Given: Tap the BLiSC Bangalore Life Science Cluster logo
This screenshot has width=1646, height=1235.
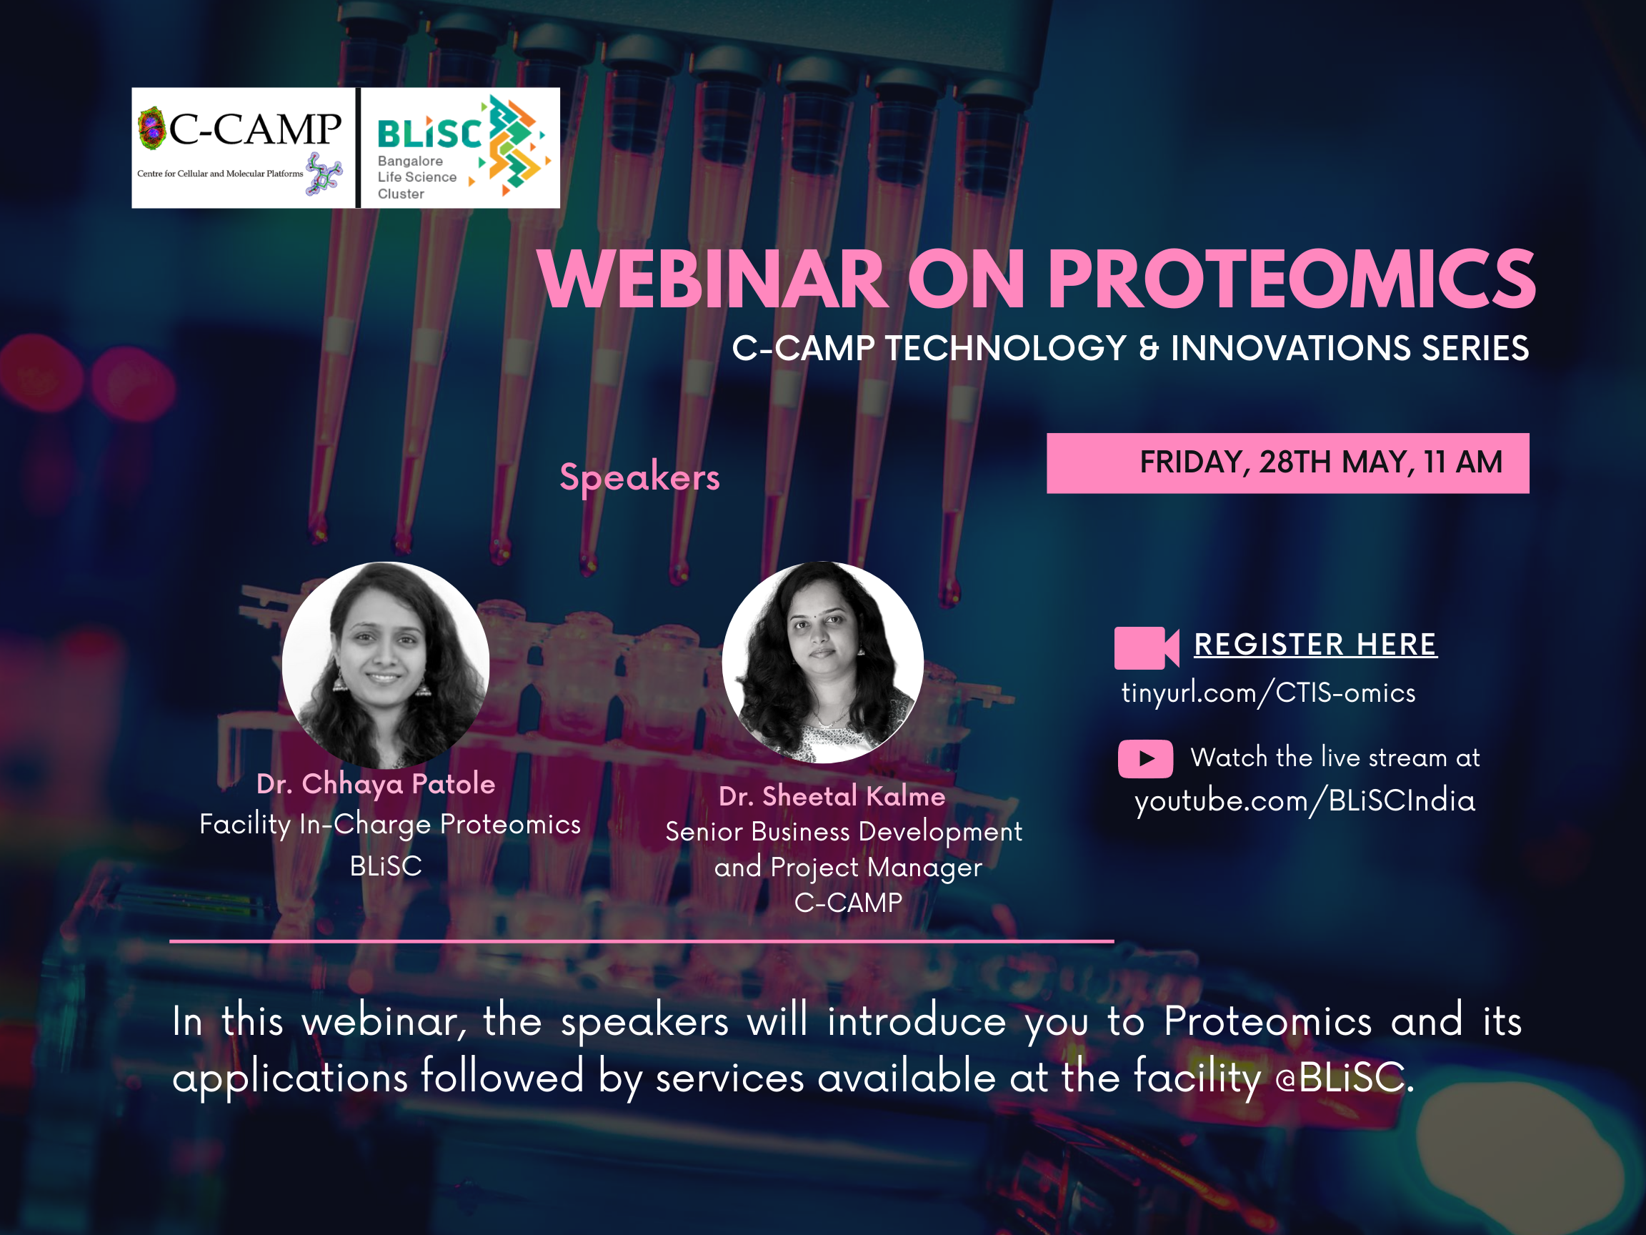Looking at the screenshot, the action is point(461,148).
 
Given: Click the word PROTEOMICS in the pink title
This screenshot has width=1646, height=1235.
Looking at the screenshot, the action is point(1291,279).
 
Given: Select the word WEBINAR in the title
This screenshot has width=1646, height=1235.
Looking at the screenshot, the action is point(713,279).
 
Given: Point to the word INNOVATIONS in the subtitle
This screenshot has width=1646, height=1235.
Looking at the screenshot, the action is point(1290,348).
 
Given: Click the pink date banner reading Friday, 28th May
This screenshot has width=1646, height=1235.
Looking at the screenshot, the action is point(1287,463).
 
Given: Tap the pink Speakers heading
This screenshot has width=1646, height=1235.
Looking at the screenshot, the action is point(640,477).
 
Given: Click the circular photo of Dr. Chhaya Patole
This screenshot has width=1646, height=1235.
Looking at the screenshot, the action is point(386,665).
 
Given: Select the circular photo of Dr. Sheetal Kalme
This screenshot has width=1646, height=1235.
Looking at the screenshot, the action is point(822,662).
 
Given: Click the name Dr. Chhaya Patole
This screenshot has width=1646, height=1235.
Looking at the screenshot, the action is point(376,784).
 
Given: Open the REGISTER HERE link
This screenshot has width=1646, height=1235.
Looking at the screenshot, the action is point(1315,645).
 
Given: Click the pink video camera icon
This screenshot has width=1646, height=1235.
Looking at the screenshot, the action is point(1146,648).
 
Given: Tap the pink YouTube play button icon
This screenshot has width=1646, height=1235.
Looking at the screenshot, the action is point(1145,758).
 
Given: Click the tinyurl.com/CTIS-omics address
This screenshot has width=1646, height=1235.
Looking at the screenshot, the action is point(1268,693).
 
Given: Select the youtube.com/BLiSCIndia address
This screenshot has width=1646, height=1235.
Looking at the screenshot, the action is point(1305,801).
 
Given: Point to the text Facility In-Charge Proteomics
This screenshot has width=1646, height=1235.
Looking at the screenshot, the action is point(390,825).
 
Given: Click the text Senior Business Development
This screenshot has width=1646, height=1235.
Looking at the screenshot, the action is point(843,831).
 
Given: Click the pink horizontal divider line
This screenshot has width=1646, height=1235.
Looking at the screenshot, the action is point(642,942).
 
